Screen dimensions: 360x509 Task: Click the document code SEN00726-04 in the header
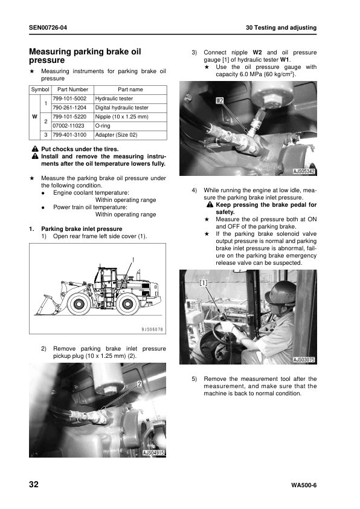pos(48,28)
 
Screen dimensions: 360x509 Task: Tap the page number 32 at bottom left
pos(34,484)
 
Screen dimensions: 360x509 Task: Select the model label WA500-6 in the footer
pos(304,485)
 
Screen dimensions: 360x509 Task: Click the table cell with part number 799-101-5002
pos(69,99)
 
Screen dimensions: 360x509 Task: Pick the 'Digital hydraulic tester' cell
pos(121,108)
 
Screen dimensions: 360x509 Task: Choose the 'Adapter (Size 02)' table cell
pos(116,135)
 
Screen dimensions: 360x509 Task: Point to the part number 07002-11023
pos(68,126)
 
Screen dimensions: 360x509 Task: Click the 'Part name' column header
pos(130,89)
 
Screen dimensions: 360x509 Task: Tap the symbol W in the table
pos(34,117)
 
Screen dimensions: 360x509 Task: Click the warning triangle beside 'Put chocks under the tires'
pos(35,149)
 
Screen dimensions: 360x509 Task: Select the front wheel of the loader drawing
pos(78,304)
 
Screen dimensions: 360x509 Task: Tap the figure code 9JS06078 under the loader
pos(152,329)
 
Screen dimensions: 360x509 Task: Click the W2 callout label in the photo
pos(220,100)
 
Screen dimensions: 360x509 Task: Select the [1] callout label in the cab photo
pos(203,283)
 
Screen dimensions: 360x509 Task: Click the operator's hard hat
pos(279,292)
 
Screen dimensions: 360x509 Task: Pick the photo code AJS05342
pos(304,172)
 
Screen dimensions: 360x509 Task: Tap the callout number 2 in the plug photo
pos(139,384)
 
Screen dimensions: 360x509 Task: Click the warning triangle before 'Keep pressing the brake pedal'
pos(210,205)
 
